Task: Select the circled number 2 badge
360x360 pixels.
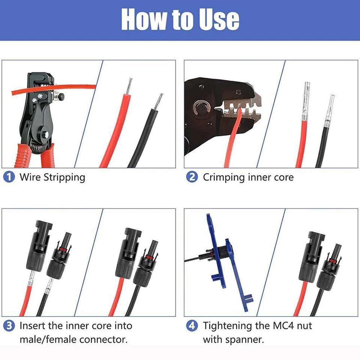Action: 192,177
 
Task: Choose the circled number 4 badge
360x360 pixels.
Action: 192,325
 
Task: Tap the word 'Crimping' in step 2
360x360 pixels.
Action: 224,177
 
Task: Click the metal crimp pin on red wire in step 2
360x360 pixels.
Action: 305,101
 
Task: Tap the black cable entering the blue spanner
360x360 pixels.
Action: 195,260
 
